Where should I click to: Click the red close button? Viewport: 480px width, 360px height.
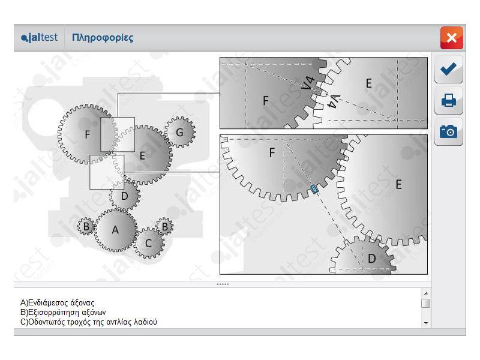click(x=452, y=38)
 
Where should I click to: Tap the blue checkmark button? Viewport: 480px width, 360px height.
click(x=448, y=69)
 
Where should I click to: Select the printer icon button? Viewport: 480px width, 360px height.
click(x=448, y=100)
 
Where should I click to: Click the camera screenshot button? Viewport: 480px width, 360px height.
click(x=448, y=131)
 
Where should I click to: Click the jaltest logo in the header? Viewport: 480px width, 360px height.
click(x=39, y=38)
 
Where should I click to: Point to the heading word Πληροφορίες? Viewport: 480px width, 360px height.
click(x=103, y=38)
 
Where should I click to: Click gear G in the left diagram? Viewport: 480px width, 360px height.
click(x=180, y=132)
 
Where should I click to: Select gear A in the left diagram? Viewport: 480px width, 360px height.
click(x=115, y=230)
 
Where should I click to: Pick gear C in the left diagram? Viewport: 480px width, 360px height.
click(x=148, y=244)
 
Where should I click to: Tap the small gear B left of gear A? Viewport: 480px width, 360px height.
click(x=86, y=227)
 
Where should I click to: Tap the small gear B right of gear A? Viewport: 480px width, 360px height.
click(x=164, y=227)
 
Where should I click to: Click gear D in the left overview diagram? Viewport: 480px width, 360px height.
click(x=125, y=196)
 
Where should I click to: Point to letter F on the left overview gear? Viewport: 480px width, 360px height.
click(x=88, y=134)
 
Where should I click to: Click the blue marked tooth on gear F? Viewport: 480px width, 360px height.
click(x=314, y=189)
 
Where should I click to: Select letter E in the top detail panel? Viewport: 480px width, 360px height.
click(x=369, y=83)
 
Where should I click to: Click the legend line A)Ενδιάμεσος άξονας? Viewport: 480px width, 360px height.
click(x=57, y=303)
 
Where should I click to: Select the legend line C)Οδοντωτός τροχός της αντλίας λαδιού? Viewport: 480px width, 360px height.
click(x=88, y=322)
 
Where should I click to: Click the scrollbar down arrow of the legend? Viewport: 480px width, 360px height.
click(x=426, y=323)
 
